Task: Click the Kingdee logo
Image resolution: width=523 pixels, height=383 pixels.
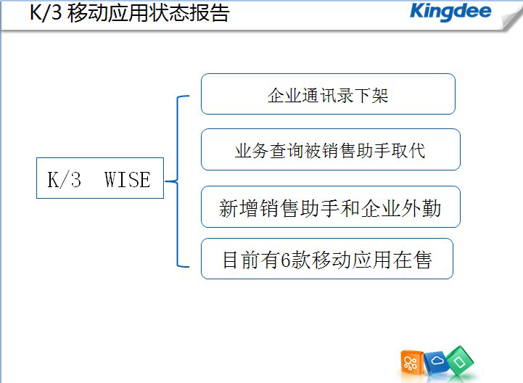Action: click(450, 12)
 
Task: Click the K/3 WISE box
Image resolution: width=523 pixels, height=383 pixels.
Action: click(100, 178)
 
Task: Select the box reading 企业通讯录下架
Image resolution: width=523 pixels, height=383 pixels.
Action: click(328, 94)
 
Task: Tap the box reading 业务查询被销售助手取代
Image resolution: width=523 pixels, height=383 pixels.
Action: click(331, 149)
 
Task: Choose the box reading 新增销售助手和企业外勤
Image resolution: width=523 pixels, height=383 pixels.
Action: click(331, 207)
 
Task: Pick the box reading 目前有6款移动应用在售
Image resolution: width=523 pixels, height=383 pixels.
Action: click(327, 258)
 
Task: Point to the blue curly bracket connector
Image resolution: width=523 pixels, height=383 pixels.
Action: click(177, 181)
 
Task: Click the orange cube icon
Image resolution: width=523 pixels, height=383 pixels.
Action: click(411, 362)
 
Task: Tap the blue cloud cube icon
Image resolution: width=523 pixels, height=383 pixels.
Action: click(436, 362)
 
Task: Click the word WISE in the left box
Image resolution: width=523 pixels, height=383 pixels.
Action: click(128, 179)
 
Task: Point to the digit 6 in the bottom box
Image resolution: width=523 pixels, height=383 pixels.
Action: click(286, 260)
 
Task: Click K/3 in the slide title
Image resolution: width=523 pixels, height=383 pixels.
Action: click(46, 12)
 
